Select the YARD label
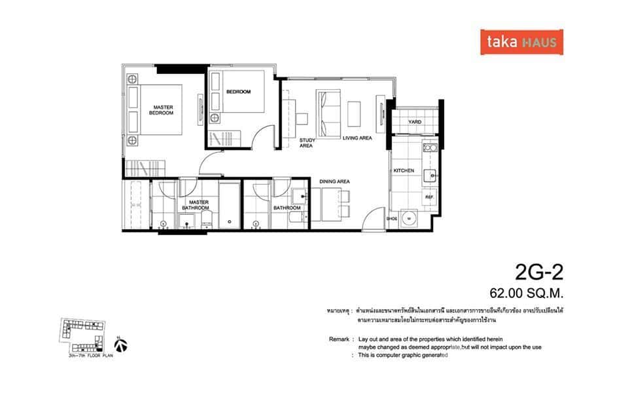click(415, 122)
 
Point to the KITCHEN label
click(404, 170)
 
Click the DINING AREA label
click(334, 181)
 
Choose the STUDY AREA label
click(306, 143)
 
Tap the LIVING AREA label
click(357, 138)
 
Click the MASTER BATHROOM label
click(195, 205)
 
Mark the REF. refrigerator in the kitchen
click(430, 197)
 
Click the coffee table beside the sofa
click(354, 113)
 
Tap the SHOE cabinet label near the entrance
click(392, 219)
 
